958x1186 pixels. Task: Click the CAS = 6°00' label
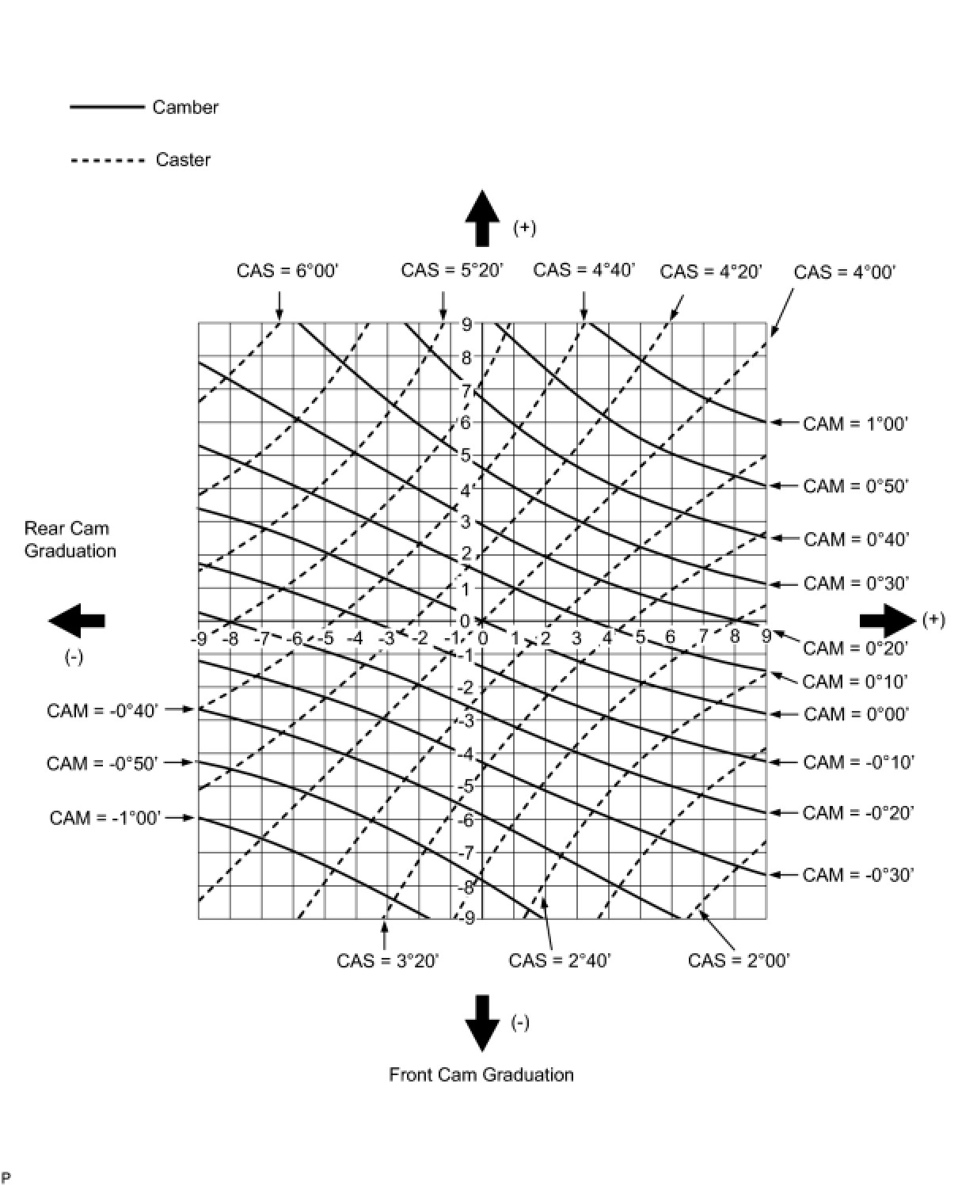[287, 271]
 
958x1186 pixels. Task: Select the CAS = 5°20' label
[451, 270]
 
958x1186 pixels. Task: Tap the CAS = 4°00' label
[844, 272]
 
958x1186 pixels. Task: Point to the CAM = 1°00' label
[855, 424]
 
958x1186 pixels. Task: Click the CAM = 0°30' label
[855, 583]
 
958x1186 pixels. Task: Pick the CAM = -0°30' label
[858, 875]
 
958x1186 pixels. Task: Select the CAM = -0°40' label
[102, 710]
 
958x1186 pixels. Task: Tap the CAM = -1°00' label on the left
[105, 817]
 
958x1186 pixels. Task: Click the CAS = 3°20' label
[387, 960]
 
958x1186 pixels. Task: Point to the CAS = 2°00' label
[739, 960]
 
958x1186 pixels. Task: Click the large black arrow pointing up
[481, 218]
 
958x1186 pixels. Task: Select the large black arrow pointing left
[77, 620]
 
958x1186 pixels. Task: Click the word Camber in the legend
[185, 107]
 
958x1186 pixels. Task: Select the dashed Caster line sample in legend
[108, 160]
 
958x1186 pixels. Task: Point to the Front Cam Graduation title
[481, 1074]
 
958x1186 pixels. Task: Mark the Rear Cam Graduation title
[70, 539]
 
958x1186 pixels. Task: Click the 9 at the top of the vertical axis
[466, 324]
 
